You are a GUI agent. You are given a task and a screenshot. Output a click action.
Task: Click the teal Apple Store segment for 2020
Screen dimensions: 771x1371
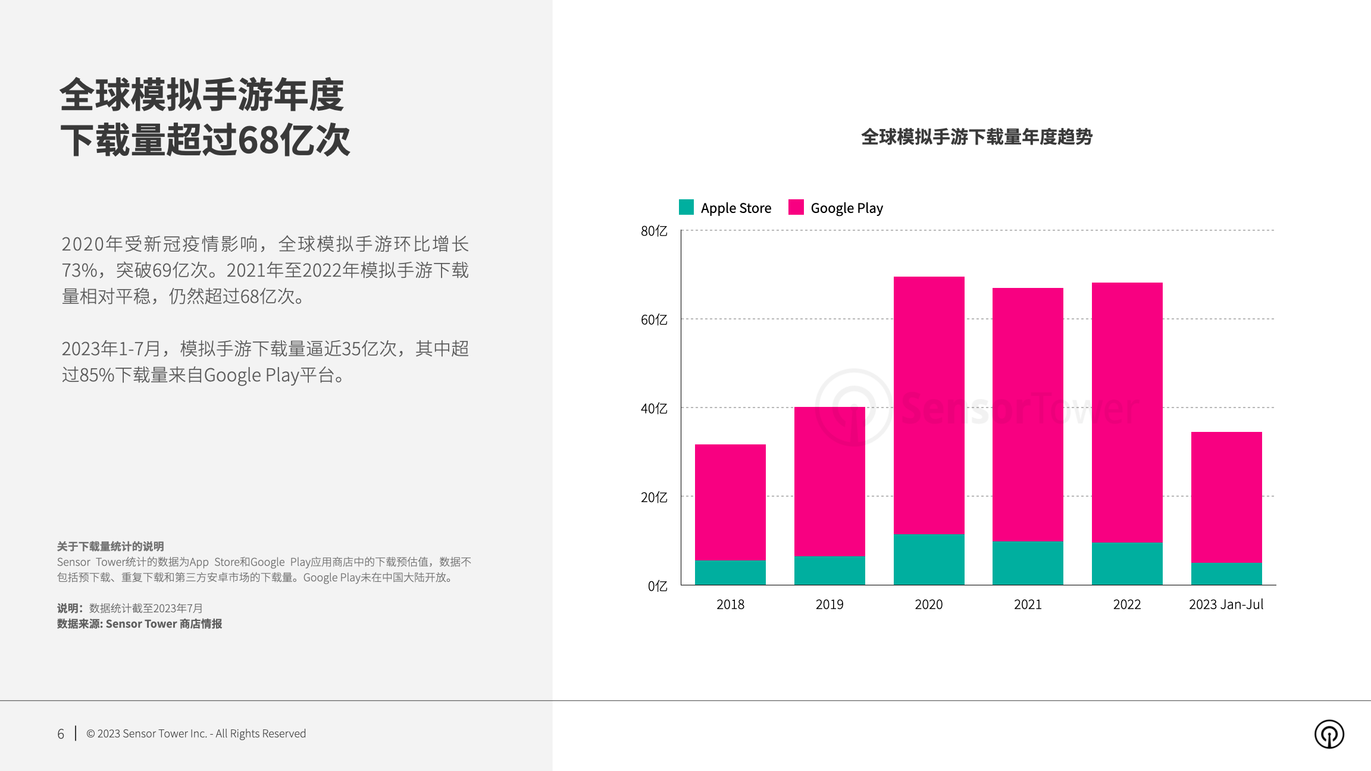(x=929, y=559)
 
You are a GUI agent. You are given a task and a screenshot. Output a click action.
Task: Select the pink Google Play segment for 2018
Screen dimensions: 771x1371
(x=730, y=502)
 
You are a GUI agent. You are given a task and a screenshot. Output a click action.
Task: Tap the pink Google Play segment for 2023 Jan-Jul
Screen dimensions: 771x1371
(x=1226, y=497)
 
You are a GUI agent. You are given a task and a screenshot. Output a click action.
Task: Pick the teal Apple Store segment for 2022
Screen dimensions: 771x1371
(x=1127, y=563)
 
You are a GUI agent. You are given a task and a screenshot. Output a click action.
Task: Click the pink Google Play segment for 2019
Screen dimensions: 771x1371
(x=830, y=481)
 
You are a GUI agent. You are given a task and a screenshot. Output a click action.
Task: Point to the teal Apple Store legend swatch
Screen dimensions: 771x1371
(x=686, y=207)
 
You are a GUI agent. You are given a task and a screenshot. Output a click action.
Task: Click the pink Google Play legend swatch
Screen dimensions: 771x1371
(x=796, y=207)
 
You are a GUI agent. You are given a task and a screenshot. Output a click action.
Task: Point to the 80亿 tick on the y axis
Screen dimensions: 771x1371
(x=654, y=231)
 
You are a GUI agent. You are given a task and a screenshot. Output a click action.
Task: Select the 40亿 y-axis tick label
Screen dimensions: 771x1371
(x=654, y=409)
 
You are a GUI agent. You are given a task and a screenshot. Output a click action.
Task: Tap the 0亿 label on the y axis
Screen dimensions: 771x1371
(x=658, y=586)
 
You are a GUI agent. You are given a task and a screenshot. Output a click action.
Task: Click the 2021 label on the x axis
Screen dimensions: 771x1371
(x=1028, y=604)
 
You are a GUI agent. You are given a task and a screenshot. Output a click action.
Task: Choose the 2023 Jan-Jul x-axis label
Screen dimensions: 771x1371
(x=1226, y=604)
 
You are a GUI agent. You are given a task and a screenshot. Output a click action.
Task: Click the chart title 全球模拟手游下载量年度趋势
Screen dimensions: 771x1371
(x=976, y=137)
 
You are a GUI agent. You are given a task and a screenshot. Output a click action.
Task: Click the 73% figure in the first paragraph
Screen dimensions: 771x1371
(x=79, y=270)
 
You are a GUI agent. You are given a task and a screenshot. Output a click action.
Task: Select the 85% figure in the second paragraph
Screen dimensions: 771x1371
(x=96, y=375)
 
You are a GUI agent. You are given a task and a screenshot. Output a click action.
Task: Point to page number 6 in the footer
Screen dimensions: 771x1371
(x=61, y=734)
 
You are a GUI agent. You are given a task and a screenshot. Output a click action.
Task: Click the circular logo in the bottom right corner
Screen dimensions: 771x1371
(x=1329, y=734)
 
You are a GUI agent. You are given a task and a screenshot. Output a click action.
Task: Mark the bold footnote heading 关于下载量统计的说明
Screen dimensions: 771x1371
(x=110, y=546)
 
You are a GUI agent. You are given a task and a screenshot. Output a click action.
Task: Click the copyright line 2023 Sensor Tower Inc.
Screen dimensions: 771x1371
(x=196, y=734)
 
